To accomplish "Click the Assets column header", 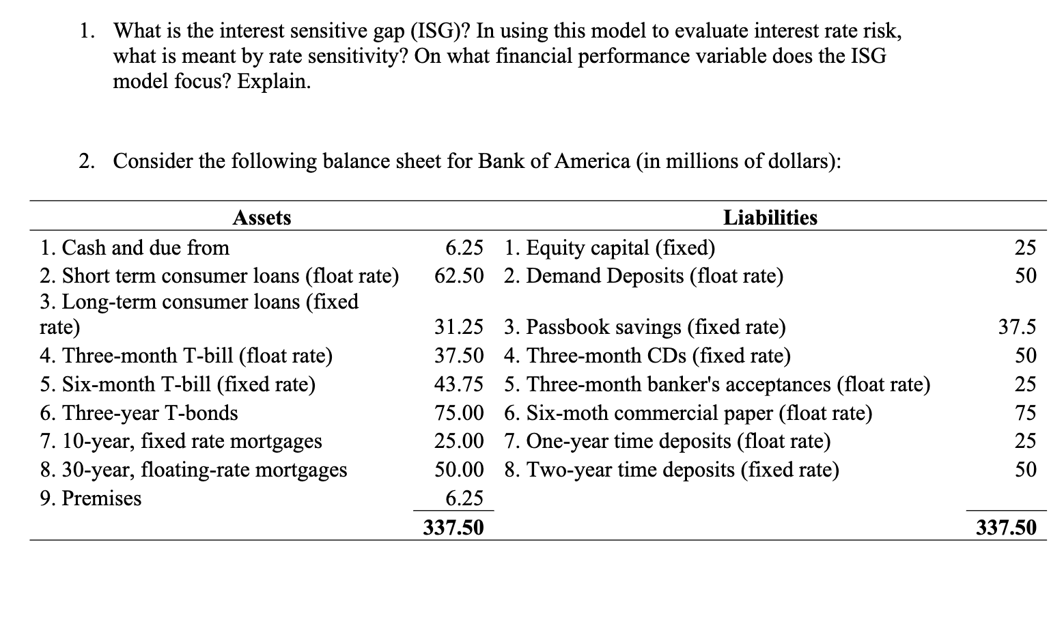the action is [262, 218].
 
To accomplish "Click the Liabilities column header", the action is [770, 218].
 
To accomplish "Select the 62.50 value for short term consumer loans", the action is [459, 276].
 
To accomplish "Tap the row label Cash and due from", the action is [135, 247].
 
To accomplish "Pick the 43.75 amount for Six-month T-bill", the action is [459, 384].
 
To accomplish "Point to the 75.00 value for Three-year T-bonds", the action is [459, 413].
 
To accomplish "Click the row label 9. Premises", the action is [90, 498].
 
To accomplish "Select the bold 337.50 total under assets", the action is [453, 527].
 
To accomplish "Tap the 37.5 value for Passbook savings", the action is [1017, 327].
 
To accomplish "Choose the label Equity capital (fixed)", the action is [610, 247].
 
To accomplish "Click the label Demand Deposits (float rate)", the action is [644, 276].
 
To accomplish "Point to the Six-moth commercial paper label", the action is [688, 413].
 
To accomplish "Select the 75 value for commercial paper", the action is [1025, 413].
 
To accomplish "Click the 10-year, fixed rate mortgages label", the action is [181, 441].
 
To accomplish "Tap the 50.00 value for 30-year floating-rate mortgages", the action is [459, 470].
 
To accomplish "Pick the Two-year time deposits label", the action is [672, 470].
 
